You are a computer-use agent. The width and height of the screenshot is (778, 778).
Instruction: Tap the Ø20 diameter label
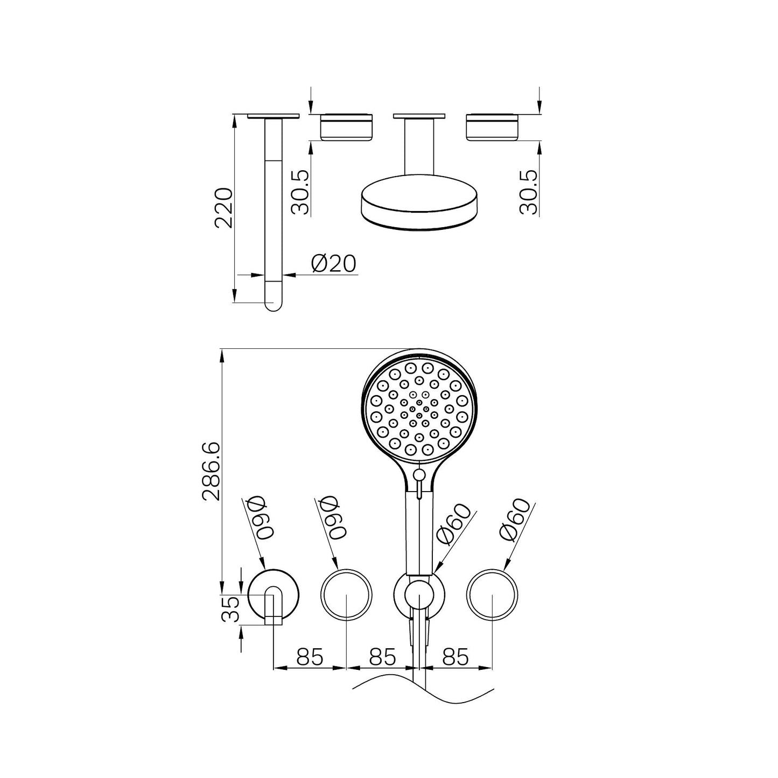(334, 264)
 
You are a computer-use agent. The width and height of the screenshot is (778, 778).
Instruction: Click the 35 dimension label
(230, 609)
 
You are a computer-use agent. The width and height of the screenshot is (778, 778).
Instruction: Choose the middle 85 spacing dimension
(382, 657)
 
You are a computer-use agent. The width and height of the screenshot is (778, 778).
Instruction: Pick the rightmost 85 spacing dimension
(455, 657)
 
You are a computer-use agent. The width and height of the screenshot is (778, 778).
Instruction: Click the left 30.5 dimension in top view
(301, 192)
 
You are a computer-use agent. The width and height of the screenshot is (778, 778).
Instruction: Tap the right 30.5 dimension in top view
(530, 192)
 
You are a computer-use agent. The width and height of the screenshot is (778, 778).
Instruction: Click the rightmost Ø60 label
(515, 520)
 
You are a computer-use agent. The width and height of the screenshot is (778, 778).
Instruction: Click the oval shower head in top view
(418, 207)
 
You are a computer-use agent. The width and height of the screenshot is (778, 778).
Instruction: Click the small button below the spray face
(419, 474)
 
